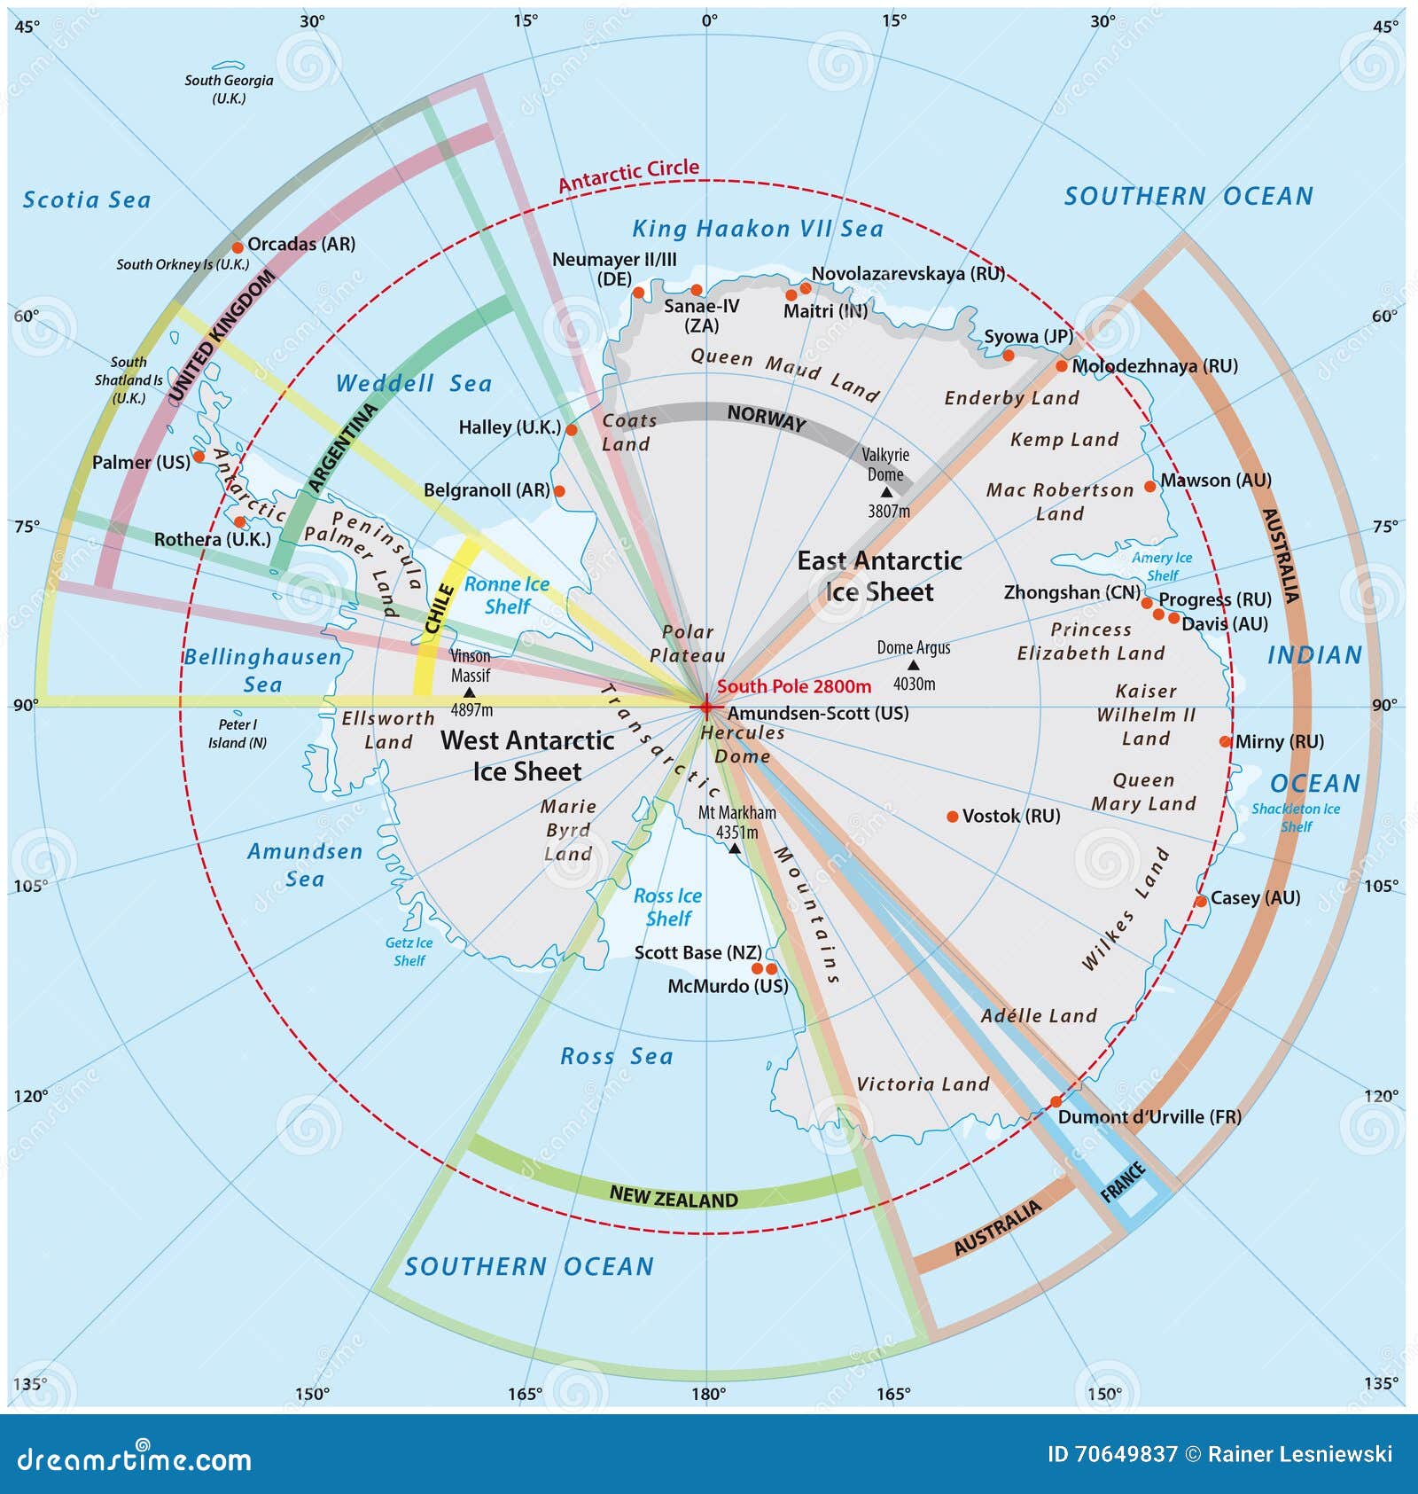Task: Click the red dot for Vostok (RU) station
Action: pyautogui.click(x=952, y=817)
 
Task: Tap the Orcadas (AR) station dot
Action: pyautogui.click(x=237, y=247)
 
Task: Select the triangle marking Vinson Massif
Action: pyautogui.click(x=470, y=692)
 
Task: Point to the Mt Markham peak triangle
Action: pyautogui.click(x=734, y=849)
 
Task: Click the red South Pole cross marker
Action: pyautogui.click(x=705, y=707)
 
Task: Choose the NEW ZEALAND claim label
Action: pyautogui.click(x=674, y=1198)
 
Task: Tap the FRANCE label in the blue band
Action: pyautogui.click(x=1123, y=1182)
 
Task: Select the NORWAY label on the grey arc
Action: pyautogui.click(x=766, y=418)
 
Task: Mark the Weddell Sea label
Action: pyautogui.click(x=413, y=384)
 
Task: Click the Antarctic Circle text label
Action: pyautogui.click(x=628, y=175)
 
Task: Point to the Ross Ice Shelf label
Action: pyautogui.click(x=667, y=907)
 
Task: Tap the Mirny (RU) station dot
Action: pyautogui.click(x=1225, y=741)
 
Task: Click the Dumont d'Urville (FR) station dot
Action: pyautogui.click(x=1055, y=1102)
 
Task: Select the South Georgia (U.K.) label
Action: pyautogui.click(x=229, y=89)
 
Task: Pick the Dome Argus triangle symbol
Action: pyautogui.click(x=913, y=665)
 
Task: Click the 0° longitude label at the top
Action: pyautogui.click(x=709, y=20)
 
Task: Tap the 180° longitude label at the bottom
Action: pyautogui.click(x=708, y=1394)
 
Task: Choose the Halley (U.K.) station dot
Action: pyautogui.click(x=572, y=430)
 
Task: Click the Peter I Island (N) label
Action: pyautogui.click(x=237, y=733)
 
